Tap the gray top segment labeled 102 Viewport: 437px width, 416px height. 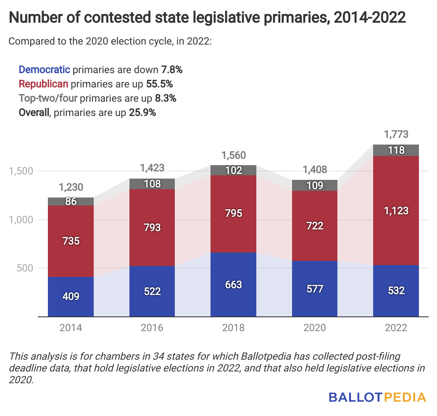(x=234, y=170)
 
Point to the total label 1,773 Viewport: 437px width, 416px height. (x=396, y=135)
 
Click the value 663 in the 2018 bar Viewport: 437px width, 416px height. (x=234, y=284)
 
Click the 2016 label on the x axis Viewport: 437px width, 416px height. (x=152, y=328)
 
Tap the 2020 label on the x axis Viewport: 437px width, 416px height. (x=315, y=328)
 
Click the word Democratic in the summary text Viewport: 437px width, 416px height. (x=44, y=69)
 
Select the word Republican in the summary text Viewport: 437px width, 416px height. (x=44, y=84)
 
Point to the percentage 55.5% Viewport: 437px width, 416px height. (x=160, y=84)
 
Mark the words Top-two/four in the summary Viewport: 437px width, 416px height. (x=48, y=98)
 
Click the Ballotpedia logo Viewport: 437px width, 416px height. (x=377, y=397)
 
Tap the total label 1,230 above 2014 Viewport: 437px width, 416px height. (x=71, y=187)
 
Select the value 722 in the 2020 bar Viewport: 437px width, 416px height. (x=315, y=226)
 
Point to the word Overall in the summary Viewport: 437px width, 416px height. (x=34, y=113)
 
